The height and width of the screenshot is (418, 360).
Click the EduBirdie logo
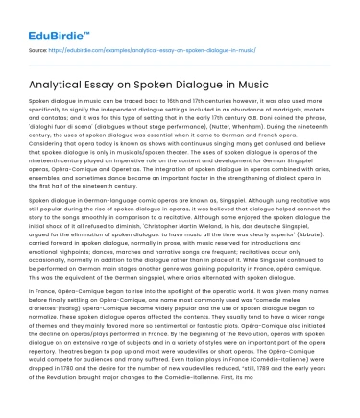tap(46, 20)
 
